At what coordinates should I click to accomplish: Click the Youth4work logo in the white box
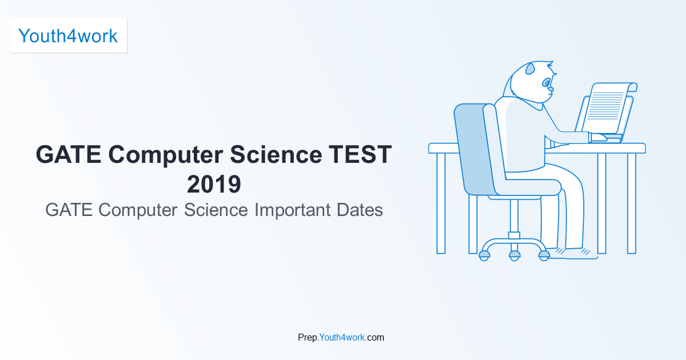pyautogui.click(x=68, y=36)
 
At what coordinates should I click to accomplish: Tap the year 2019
pyautogui.click(x=214, y=184)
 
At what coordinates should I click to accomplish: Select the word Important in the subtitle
pyautogui.click(x=293, y=210)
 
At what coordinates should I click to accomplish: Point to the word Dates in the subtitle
pyautogui.click(x=360, y=210)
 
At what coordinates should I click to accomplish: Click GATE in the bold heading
pyautogui.click(x=68, y=154)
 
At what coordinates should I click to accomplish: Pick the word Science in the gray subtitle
pyautogui.click(x=216, y=210)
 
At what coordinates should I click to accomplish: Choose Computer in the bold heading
pyautogui.click(x=165, y=155)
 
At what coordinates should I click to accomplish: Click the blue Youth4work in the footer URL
pyautogui.click(x=342, y=337)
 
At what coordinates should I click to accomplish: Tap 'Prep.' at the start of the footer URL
pyautogui.click(x=308, y=338)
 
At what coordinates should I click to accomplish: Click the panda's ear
pyautogui.click(x=530, y=69)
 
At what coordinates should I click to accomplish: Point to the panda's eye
pyautogui.click(x=546, y=83)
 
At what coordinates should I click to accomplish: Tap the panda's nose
pyautogui.click(x=551, y=90)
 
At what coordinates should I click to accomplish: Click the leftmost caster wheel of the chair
pyautogui.click(x=484, y=255)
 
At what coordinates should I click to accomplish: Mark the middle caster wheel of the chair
pyautogui.click(x=514, y=255)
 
